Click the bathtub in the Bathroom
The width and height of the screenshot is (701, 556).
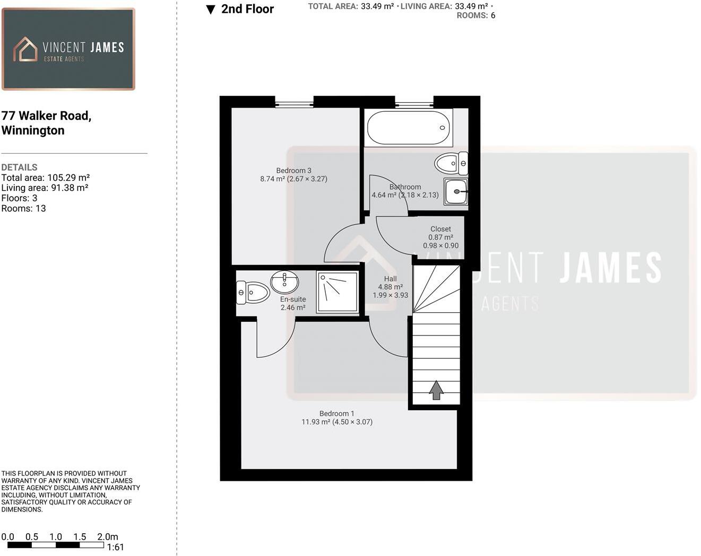point(408,128)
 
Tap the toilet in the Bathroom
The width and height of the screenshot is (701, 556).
point(451,163)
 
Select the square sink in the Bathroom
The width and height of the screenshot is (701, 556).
point(456,191)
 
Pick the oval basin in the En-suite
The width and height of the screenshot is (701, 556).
point(284,281)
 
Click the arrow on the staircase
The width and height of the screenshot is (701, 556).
point(436,390)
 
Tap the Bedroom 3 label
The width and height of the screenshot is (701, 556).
point(293,171)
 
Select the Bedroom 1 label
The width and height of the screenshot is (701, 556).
point(336,413)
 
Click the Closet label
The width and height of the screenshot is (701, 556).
point(440,229)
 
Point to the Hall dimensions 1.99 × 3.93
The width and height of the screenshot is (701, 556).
point(390,295)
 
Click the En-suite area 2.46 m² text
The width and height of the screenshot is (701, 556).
point(293,307)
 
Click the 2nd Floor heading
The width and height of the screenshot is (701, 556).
point(247,9)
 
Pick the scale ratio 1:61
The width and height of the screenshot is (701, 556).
point(115,548)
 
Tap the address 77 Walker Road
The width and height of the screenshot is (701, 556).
point(46,116)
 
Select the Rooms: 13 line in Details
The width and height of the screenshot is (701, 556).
point(23,208)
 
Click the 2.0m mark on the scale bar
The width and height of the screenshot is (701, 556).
point(107,537)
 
